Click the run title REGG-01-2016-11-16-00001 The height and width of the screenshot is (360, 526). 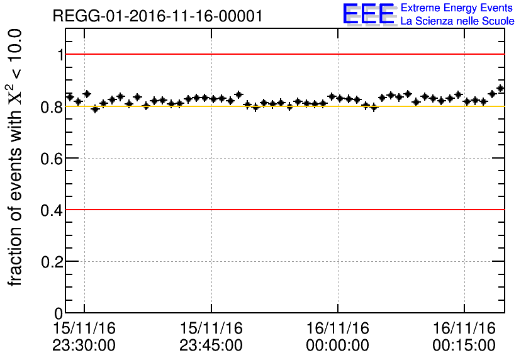click(x=158, y=16)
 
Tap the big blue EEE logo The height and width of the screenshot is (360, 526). click(x=368, y=14)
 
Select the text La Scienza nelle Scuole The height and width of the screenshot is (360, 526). click(x=457, y=21)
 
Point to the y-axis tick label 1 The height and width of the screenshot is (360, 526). click(x=60, y=55)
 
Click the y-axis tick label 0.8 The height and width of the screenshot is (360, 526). click(x=53, y=106)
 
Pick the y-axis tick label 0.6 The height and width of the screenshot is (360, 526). click(x=53, y=158)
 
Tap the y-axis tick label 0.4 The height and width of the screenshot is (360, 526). click(x=53, y=210)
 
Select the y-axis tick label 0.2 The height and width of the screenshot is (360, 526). click(x=53, y=261)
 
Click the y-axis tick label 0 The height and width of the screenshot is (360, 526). click(x=59, y=313)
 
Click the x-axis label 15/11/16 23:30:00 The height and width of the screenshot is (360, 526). click(x=85, y=337)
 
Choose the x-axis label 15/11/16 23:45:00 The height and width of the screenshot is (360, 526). click(x=211, y=337)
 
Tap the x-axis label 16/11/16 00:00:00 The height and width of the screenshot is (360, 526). click(x=338, y=337)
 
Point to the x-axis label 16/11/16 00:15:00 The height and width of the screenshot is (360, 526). click(x=464, y=337)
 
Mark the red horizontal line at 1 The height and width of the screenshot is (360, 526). click(x=283, y=54)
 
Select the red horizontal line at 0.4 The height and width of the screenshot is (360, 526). click(x=283, y=209)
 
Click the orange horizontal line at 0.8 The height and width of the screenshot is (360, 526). click(x=283, y=106)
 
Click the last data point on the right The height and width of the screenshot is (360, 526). click(x=500, y=89)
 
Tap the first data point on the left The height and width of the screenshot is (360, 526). click(x=70, y=96)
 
